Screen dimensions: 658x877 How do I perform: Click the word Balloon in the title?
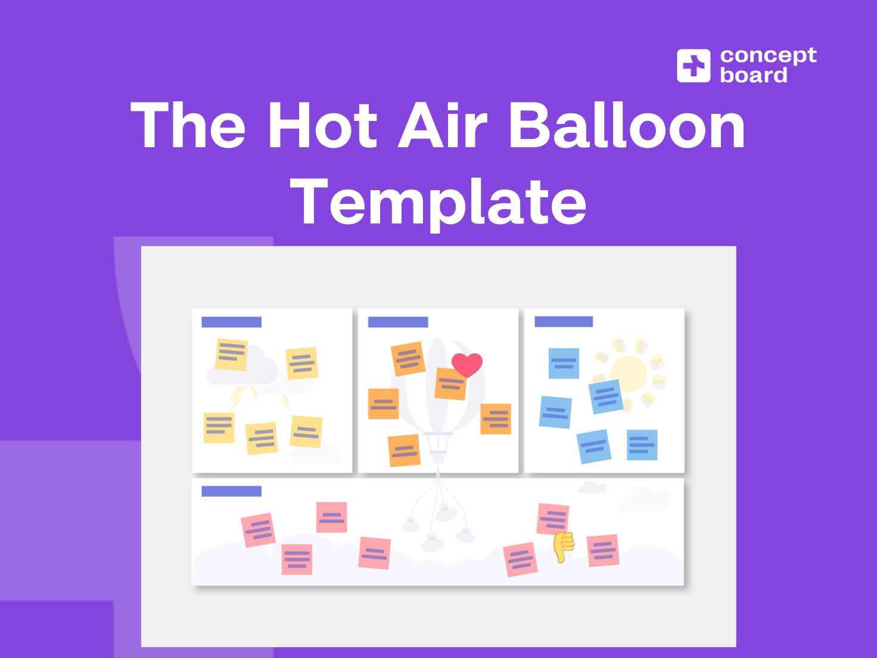(x=627, y=125)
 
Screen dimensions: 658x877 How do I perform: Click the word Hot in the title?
(x=322, y=125)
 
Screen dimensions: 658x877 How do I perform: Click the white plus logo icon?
(x=693, y=66)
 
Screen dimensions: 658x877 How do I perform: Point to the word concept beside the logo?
(x=768, y=55)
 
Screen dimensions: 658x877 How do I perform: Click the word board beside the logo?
(x=754, y=76)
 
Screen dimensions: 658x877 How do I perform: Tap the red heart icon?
(x=467, y=364)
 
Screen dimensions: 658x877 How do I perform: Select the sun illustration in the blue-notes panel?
(x=629, y=372)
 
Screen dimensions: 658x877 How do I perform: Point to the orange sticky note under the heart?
(x=450, y=384)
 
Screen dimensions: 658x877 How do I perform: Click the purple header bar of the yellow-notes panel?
(x=231, y=322)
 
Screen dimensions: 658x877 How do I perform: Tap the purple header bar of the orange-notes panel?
(x=398, y=322)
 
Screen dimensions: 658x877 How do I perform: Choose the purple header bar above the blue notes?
(x=564, y=322)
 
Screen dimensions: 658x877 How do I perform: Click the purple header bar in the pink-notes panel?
(x=231, y=491)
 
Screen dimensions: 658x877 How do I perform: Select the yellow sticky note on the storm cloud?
(x=231, y=355)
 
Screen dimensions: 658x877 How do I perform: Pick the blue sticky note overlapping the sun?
(x=606, y=396)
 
